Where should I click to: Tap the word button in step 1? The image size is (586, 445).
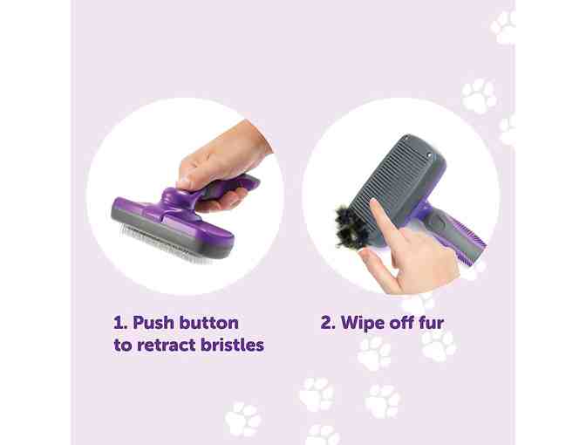tap(208, 323)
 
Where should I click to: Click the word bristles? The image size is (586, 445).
tap(232, 345)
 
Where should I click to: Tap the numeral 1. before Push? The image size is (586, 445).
tap(120, 323)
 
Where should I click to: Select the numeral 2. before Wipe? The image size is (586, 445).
tap(328, 323)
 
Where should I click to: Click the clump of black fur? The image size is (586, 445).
tap(346, 226)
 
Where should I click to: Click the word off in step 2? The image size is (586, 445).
tap(400, 323)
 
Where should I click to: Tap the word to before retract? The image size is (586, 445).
tap(122, 345)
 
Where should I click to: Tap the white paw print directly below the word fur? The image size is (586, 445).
tap(439, 346)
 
